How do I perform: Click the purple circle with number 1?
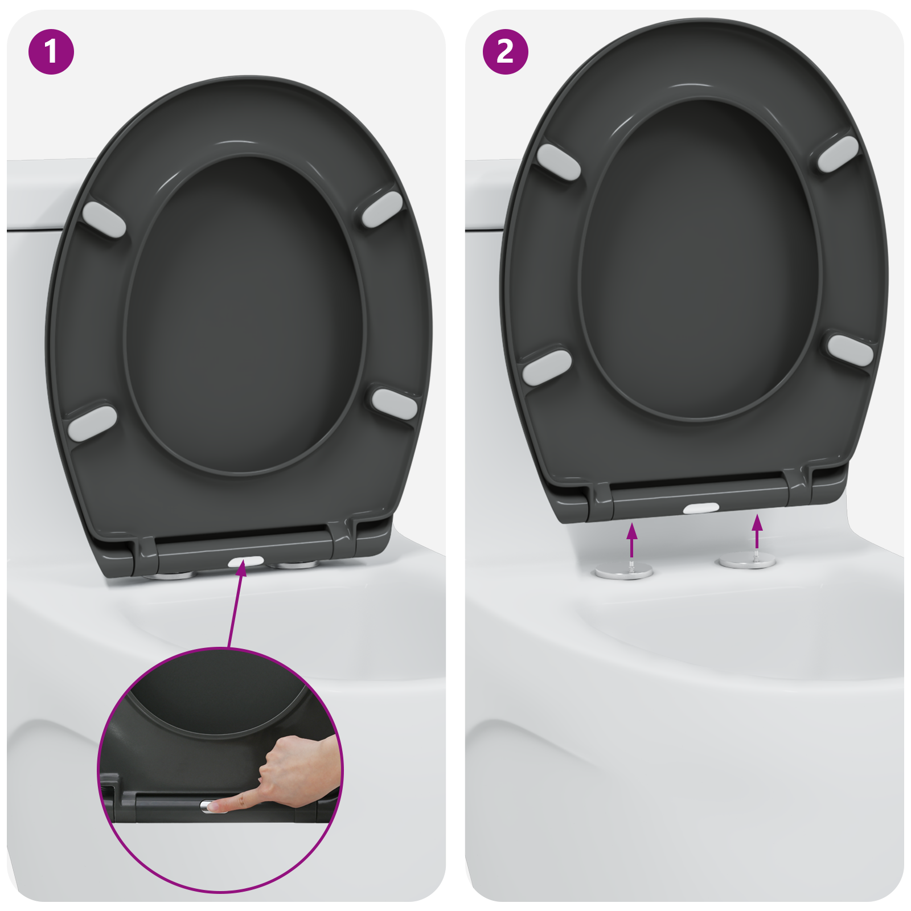coord(51,52)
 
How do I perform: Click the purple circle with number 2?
coord(505,52)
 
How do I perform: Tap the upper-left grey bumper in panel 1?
coord(104,219)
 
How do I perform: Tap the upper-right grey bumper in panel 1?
coord(383,210)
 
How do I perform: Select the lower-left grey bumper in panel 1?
coord(92,422)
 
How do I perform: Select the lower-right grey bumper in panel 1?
coord(395,404)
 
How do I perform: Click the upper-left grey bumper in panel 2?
coord(559,162)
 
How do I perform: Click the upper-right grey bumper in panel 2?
coord(838,153)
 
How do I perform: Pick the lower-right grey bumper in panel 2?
coord(850,350)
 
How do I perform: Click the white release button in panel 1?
coord(246,561)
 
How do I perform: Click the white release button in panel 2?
coord(701,508)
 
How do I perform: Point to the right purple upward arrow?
coord(757,531)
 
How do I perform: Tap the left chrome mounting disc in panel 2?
coord(624,572)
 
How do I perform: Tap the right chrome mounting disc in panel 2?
coord(748,561)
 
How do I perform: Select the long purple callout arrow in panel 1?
coord(236,606)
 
